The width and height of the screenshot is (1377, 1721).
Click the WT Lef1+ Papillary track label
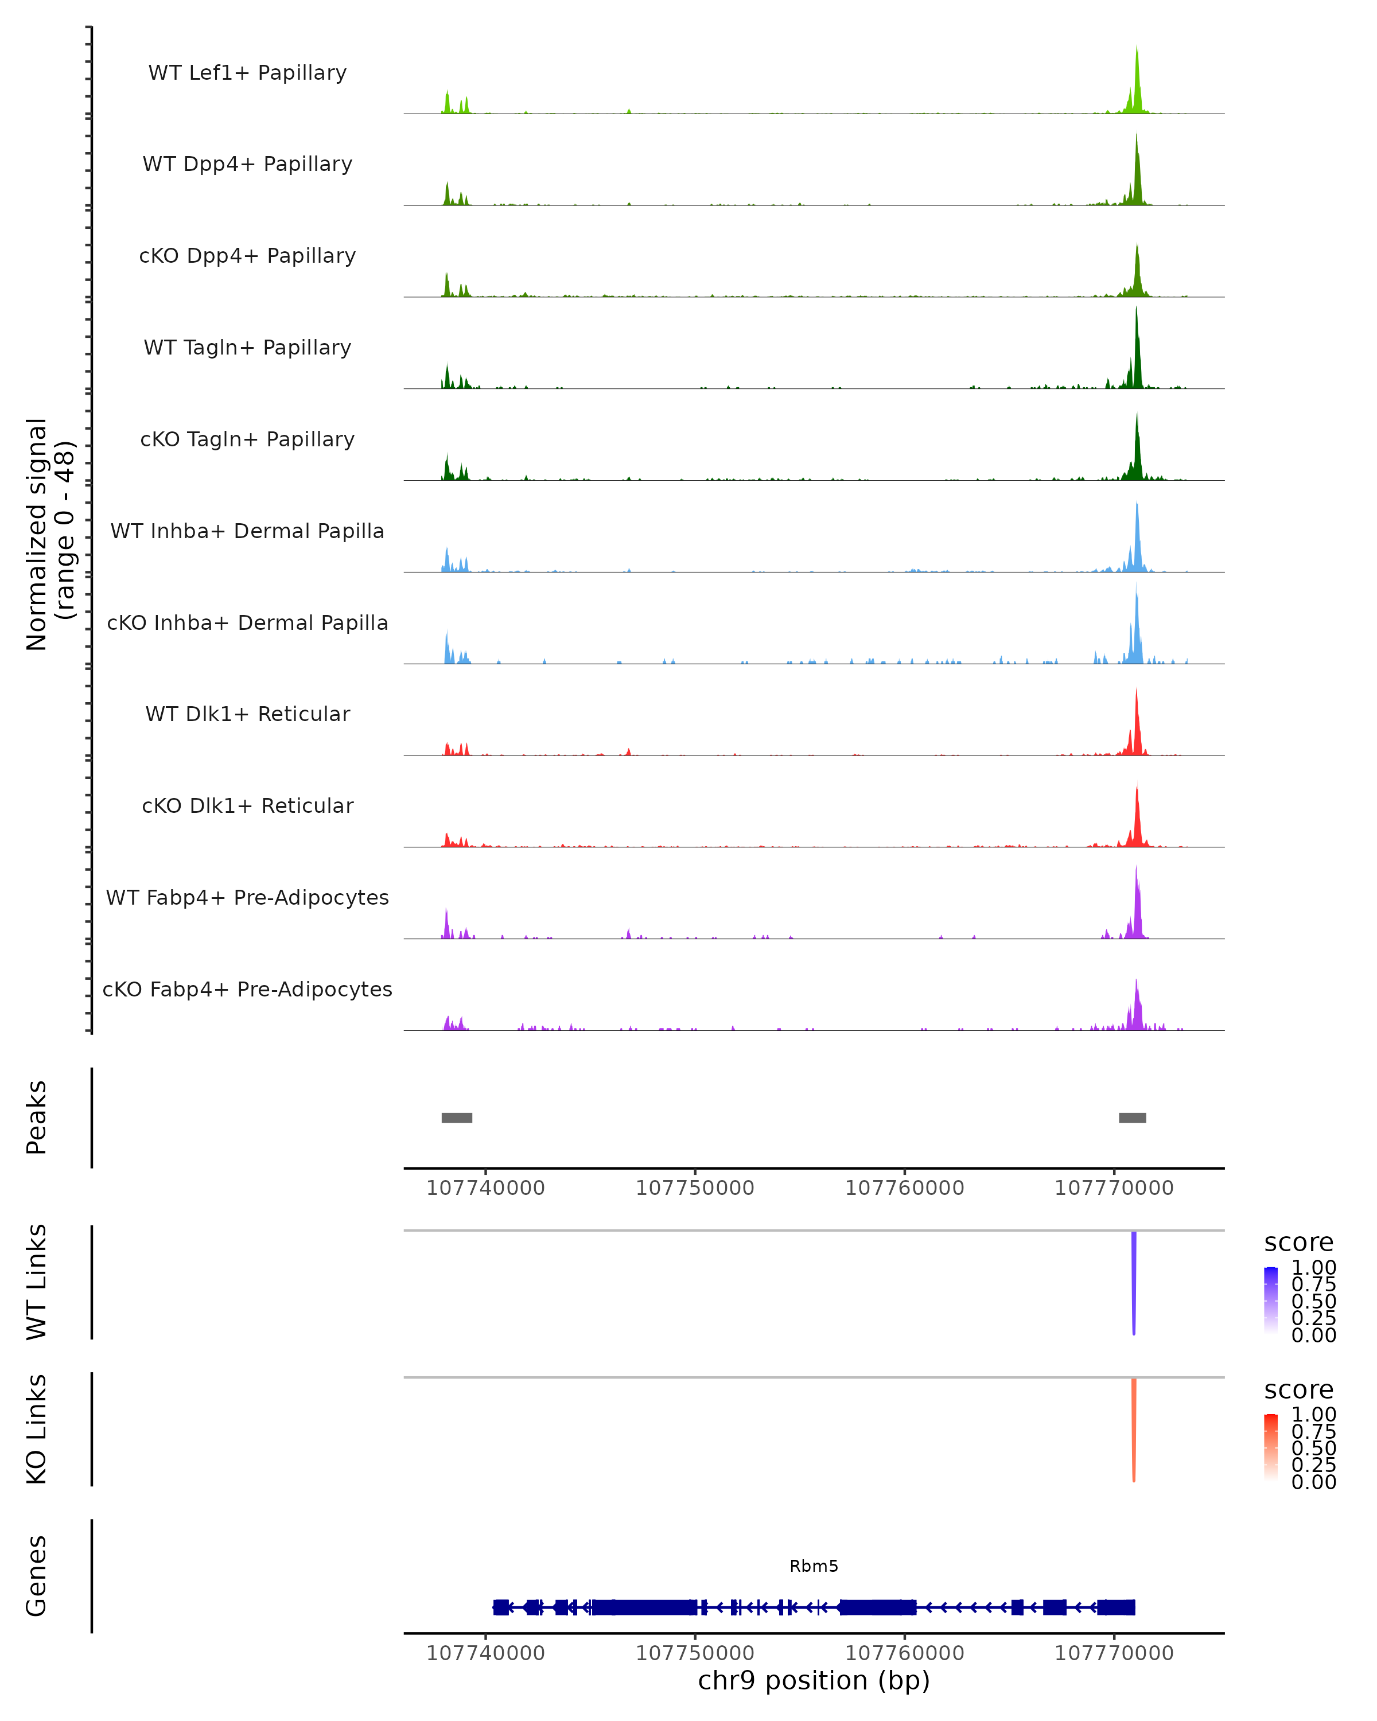click(x=247, y=73)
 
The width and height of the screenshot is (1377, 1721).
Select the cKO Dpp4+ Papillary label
click(x=247, y=255)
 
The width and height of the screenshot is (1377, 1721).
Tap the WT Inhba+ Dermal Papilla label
click(x=247, y=531)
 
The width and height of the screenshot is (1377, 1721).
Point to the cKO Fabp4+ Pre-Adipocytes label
click(x=247, y=989)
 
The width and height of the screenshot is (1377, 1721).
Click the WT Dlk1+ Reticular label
click(x=247, y=714)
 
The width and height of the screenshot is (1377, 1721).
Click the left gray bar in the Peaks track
click(x=457, y=1118)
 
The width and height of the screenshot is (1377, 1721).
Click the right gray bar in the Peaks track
click(x=1132, y=1118)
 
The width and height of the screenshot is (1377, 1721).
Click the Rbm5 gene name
click(x=814, y=1566)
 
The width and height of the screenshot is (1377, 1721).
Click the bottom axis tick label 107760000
click(x=904, y=1653)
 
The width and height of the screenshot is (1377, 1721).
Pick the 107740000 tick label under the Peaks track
click(x=485, y=1188)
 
